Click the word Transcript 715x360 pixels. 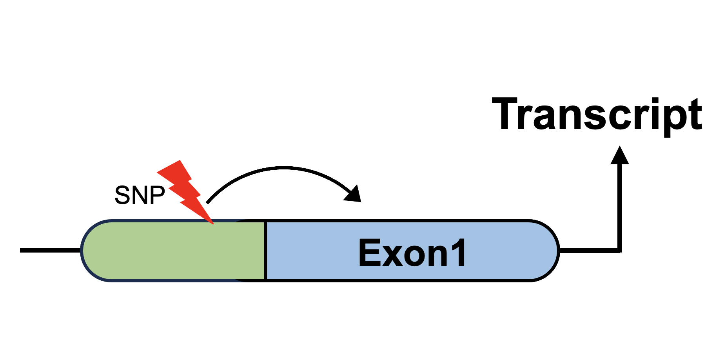tap(597, 115)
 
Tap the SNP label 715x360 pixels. tap(140, 195)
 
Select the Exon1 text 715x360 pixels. tap(412, 253)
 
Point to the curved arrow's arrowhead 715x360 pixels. tap(353, 194)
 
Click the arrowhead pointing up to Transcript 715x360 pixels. tap(620, 155)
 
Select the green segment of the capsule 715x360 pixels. tap(173, 251)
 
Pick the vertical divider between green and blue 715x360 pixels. tap(265, 251)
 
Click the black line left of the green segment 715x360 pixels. tap(51, 250)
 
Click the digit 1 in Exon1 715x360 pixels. tap(458, 253)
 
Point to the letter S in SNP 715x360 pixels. tap(122, 195)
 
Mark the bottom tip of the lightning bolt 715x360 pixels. tap(213, 224)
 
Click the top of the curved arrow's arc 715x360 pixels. tap(284, 168)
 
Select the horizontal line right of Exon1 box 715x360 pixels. tap(590, 250)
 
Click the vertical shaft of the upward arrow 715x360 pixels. tap(620, 207)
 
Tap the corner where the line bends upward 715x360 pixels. tap(620, 250)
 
